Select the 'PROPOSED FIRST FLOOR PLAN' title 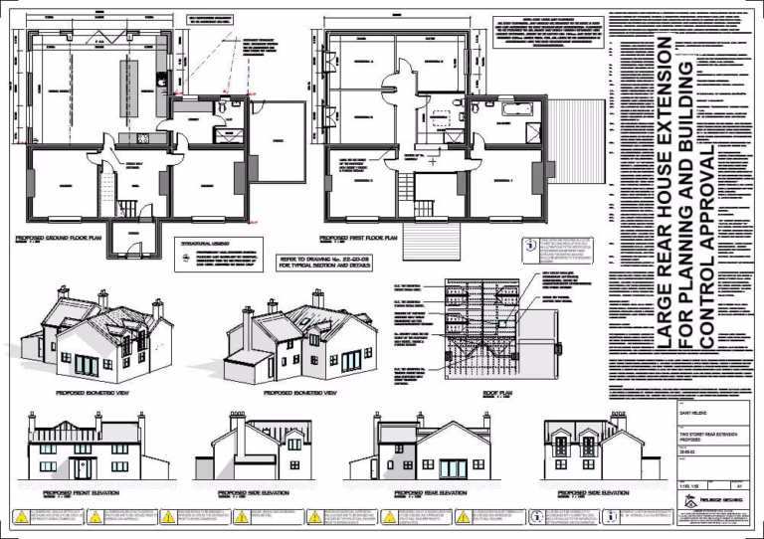pos(358,240)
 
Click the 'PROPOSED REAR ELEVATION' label pos(430,492)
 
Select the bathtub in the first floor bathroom pos(514,105)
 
